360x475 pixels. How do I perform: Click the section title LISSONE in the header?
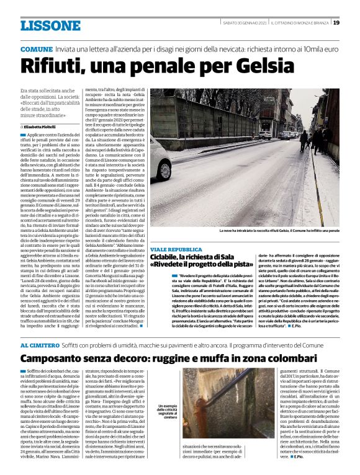[50, 25]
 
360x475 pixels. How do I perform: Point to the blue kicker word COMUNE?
[36, 48]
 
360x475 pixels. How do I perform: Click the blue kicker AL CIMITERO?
[40, 345]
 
